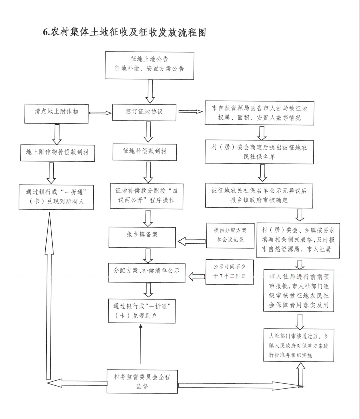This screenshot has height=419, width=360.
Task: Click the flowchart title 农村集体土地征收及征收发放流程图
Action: (x=125, y=32)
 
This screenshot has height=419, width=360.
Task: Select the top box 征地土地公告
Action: (x=149, y=65)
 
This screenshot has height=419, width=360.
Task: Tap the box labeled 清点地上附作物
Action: (x=56, y=114)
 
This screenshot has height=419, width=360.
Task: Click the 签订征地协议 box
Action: (x=144, y=112)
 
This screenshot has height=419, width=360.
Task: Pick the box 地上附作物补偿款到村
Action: (x=57, y=153)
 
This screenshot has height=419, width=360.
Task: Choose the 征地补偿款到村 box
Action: (x=145, y=152)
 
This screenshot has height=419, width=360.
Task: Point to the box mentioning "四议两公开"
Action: (x=146, y=196)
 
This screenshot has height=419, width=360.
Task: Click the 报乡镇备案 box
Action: (x=142, y=237)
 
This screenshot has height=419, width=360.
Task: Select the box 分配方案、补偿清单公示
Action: (x=147, y=272)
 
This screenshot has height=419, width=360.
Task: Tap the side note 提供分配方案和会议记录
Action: (x=230, y=236)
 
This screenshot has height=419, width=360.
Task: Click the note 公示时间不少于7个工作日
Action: (x=230, y=272)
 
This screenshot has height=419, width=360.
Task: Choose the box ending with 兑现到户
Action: (x=142, y=311)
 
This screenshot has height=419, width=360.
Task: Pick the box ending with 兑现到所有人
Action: (x=56, y=197)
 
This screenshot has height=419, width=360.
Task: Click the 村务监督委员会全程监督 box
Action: (x=142, y=382)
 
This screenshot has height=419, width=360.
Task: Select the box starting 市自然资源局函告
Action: (x=259, y=113)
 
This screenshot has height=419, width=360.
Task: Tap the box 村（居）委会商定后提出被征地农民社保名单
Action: (x=259, y=152)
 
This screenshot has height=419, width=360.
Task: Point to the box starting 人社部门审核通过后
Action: (x=299, y=346)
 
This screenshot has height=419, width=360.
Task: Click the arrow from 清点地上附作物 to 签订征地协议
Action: (x=101, y=113)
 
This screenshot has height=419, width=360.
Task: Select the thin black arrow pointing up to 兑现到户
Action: (x=140, y=344)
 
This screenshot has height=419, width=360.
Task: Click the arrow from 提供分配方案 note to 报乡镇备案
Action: (x=192, y=242)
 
